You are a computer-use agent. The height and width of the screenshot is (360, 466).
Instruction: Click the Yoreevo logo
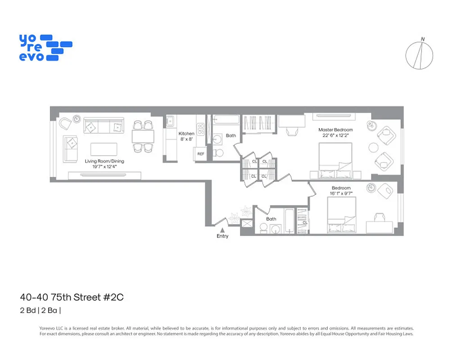45,47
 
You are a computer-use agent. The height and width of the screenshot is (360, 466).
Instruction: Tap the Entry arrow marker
222,230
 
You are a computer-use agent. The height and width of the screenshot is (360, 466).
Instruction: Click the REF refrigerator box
201,154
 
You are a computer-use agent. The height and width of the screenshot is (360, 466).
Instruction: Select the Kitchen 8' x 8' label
186,136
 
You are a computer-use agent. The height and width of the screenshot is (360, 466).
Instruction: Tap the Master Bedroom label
335,132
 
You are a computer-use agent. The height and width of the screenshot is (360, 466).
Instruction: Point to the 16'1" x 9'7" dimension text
341,194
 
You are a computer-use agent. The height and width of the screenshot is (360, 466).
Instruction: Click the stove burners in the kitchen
201,129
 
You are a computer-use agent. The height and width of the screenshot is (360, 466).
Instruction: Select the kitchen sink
171,121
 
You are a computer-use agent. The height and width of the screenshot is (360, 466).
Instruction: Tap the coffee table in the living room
104,149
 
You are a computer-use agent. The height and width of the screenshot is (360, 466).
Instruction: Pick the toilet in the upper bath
218,152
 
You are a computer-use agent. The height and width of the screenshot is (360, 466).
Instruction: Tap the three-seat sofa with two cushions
104,127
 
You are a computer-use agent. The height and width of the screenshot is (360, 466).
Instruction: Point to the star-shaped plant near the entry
246,210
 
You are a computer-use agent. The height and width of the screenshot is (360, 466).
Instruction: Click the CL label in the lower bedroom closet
305,222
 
